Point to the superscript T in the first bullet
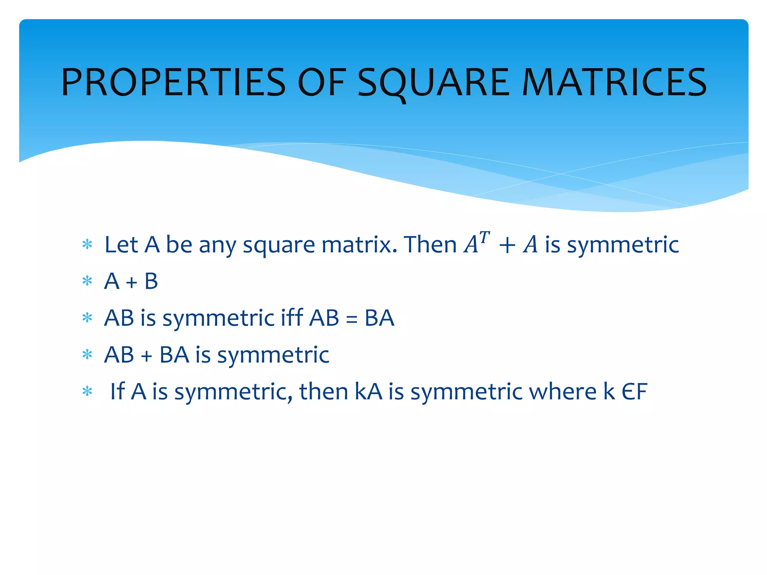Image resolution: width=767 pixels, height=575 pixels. (x=484, y=237)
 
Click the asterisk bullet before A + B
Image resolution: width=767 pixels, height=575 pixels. (x=87, y=281)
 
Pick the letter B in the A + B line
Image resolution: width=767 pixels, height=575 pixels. (x=151, y=281)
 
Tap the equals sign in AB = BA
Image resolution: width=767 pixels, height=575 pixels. (x=351, y=319)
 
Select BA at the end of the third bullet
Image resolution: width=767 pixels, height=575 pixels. (x=379, y=318)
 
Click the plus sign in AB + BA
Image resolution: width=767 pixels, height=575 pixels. (x=146, y=355)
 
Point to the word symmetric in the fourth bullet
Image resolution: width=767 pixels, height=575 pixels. (x=273, y=355)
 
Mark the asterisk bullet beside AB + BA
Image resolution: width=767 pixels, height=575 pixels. (x=87, y=355)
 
